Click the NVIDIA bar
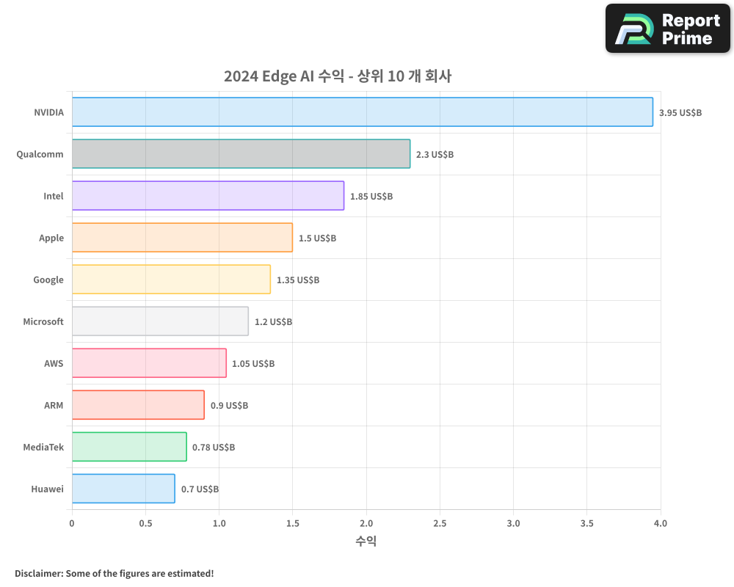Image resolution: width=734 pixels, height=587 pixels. point(362,112)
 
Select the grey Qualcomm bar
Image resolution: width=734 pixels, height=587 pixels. point(241,154)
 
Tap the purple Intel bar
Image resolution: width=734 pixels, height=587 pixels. point(208,196)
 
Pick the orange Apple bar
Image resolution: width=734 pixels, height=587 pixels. point(182,238)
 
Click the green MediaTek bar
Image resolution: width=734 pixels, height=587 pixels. point(129,447)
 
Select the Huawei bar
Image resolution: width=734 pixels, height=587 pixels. point(123,489)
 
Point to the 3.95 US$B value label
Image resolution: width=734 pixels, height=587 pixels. point(680,113)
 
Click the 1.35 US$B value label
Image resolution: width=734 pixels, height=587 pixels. point(298,280)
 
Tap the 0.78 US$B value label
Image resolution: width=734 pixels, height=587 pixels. point(214,448)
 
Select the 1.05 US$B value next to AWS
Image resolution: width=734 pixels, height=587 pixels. point(253,364)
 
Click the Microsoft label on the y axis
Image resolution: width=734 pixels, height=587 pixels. point(43,321)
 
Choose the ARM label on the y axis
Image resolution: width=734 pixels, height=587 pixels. point(54,405)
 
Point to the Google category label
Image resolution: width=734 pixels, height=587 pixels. point(48,280)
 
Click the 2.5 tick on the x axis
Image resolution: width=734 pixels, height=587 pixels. point(440,524)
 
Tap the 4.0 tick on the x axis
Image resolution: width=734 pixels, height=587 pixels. point(660,524)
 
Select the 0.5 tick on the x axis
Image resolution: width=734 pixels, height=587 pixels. point(145,524)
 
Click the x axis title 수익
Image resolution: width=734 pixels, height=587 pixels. point(366,542)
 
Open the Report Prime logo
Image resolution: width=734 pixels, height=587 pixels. point(667,29)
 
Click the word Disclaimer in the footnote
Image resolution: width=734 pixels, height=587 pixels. point(38,573)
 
